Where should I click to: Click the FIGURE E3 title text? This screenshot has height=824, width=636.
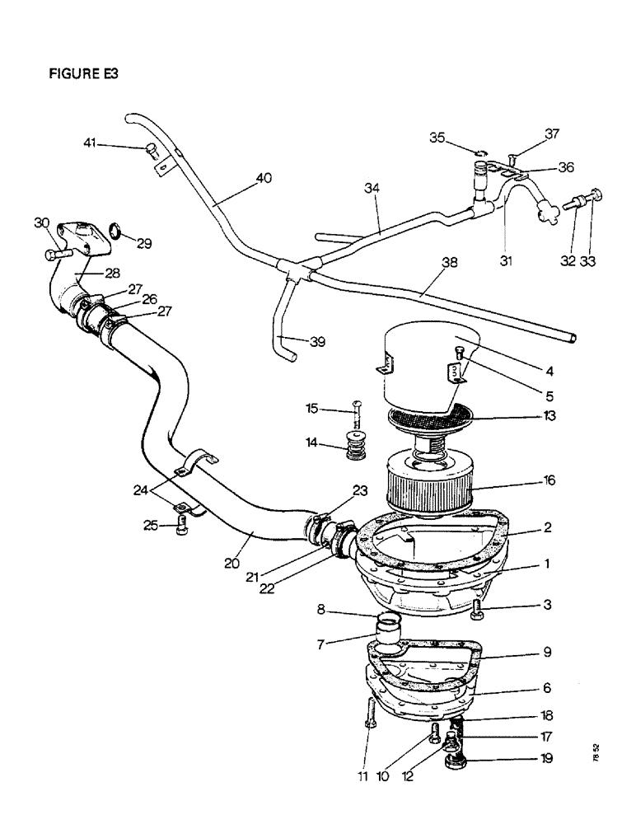(x=85, y=73)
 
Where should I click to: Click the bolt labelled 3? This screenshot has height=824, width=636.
(x=482, y=610)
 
